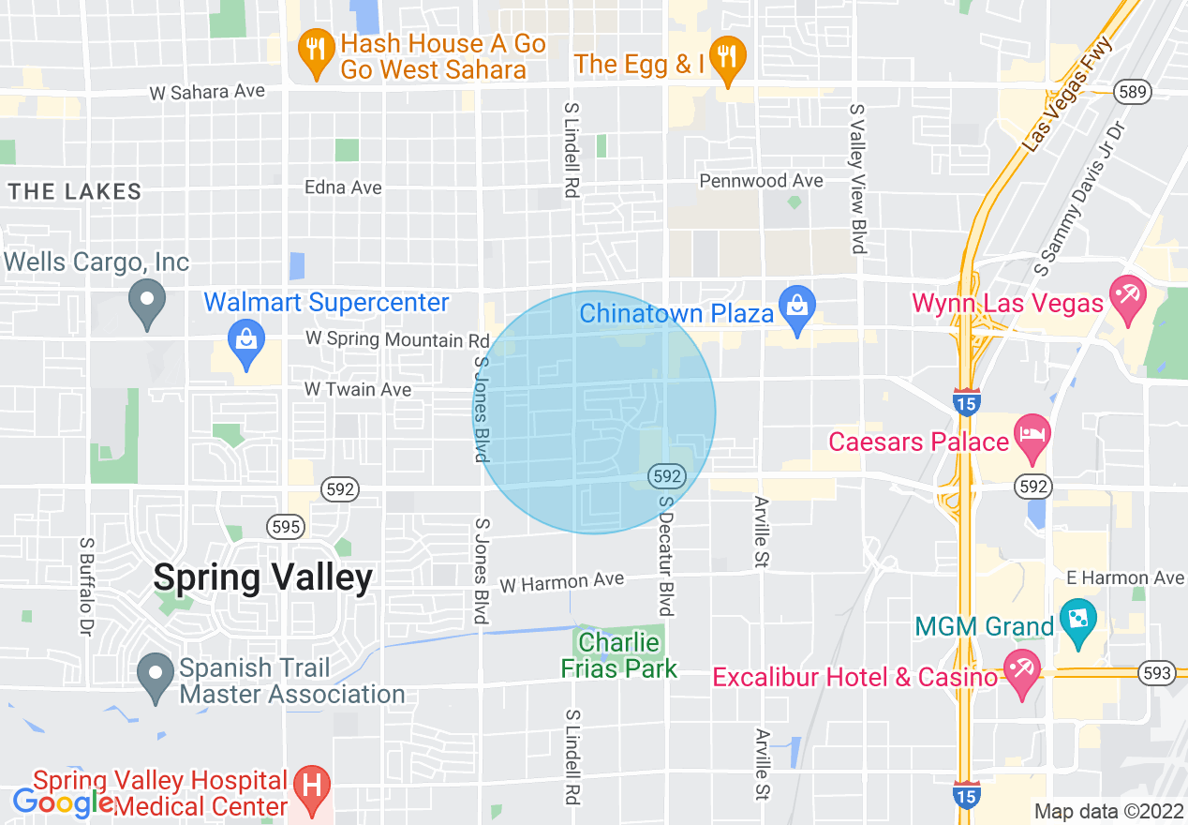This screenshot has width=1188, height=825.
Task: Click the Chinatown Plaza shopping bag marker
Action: (x=797, y=308)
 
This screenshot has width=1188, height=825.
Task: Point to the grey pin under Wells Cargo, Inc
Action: (x=146, y=303)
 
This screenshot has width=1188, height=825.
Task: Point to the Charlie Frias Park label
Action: (x=618, y=655)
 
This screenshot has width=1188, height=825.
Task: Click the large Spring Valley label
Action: (x=262, y=577)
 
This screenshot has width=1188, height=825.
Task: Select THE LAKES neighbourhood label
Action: (x=75, y=192)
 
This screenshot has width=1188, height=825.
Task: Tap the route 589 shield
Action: (x=1132, y=91)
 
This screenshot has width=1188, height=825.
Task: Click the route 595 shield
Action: (x=286, y=526)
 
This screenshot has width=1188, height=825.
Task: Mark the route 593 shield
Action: (x=1157, y=672)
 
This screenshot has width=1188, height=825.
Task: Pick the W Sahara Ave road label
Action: (x=207, y=92)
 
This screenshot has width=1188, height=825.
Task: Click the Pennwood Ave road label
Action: (x=762, y=180)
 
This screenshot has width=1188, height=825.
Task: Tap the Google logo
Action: (x=64, y=802)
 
